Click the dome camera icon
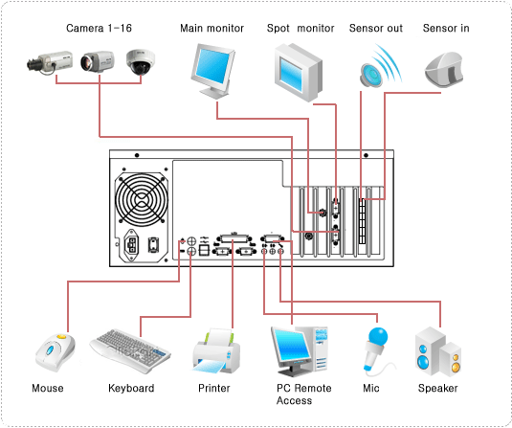point(141,61)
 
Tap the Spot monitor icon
point(299,72)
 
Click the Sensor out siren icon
point(380,67)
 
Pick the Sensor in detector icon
point(444,70)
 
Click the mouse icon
point(55,352)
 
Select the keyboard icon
point(130,350)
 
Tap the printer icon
point(216,350)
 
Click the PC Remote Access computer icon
point(300,351)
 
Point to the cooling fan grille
point(142,198)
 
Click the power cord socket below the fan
point(132,244)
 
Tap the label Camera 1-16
point(99,28)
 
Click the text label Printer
point(214,388)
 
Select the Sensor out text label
point(376,29)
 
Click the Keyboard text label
point(131,388)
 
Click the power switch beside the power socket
point(153,245)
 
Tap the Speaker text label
point(438,388)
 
